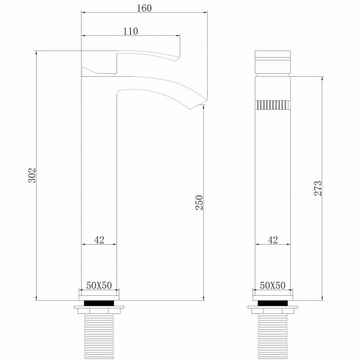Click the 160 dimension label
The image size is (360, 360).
pyautogui.click(x=143, y=8)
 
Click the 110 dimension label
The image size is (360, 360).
pyautogui.click(x=130, y=31)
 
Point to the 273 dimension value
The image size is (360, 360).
pyautogui.click(x=319, y=188)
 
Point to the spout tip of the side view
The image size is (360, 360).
pyautogui.click(x=198, y=106)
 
